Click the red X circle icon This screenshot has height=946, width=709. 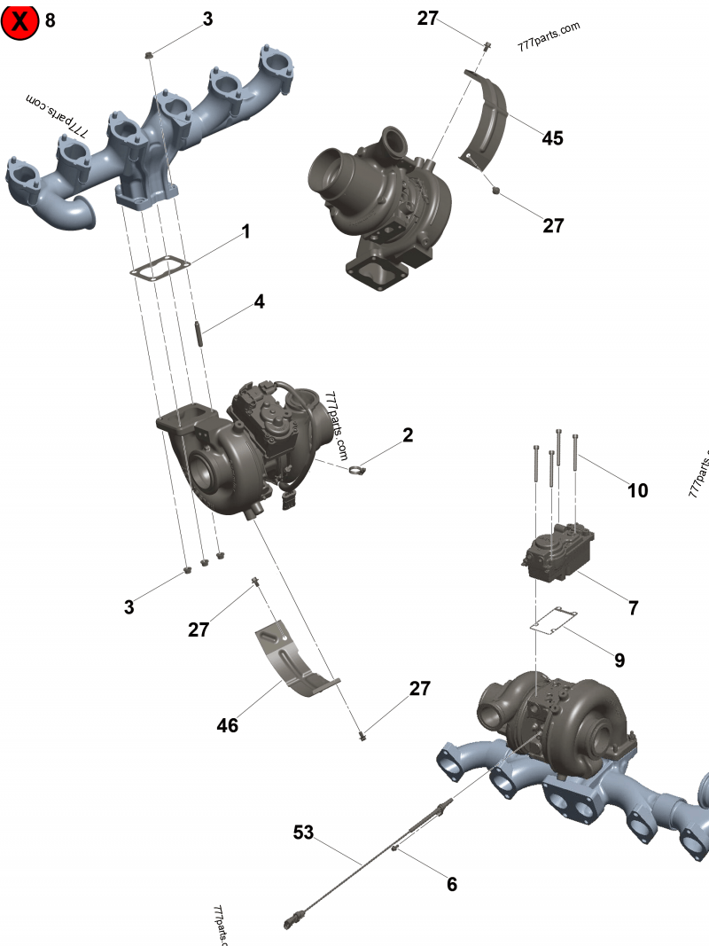coord(19,20)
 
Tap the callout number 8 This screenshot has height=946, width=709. coord(50,20)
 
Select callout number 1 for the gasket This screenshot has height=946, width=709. coord(245,232)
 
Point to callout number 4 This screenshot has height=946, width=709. coord(259,301)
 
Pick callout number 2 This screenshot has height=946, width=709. coord(408,435)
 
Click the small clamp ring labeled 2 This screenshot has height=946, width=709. coord(356,470)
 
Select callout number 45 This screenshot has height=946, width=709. coord(553,138)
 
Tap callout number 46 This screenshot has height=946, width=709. coord(228,725)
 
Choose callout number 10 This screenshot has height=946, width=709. coord(638,490)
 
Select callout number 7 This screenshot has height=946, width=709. coord(633,608)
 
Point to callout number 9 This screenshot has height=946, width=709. coord(619,660)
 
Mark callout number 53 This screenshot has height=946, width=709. coord(304,833)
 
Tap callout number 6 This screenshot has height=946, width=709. coord(452,883)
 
